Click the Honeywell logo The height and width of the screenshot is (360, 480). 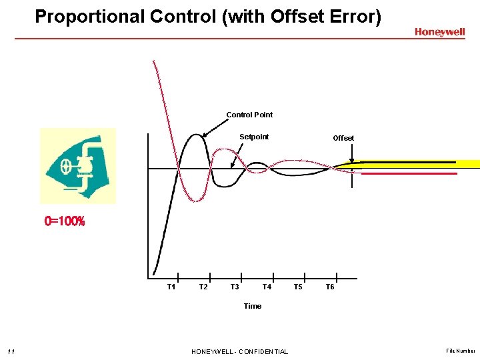439,32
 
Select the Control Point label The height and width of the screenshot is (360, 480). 249,115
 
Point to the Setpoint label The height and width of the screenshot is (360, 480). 254,137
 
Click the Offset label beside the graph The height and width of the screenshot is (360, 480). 343,138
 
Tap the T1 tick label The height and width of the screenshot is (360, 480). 171,287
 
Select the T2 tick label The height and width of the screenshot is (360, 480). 203,287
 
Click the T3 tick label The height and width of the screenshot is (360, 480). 235,287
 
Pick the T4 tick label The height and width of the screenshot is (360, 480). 267,287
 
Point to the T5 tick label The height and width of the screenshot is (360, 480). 298,287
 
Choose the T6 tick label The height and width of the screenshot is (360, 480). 329,287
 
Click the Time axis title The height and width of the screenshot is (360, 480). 253,306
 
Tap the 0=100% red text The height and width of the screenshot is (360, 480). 65,221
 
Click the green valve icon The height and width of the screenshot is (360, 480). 77,166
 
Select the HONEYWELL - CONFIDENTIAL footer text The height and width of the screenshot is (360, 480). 239,351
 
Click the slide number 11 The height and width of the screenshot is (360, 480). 11,351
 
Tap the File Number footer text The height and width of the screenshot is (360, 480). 461,351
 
